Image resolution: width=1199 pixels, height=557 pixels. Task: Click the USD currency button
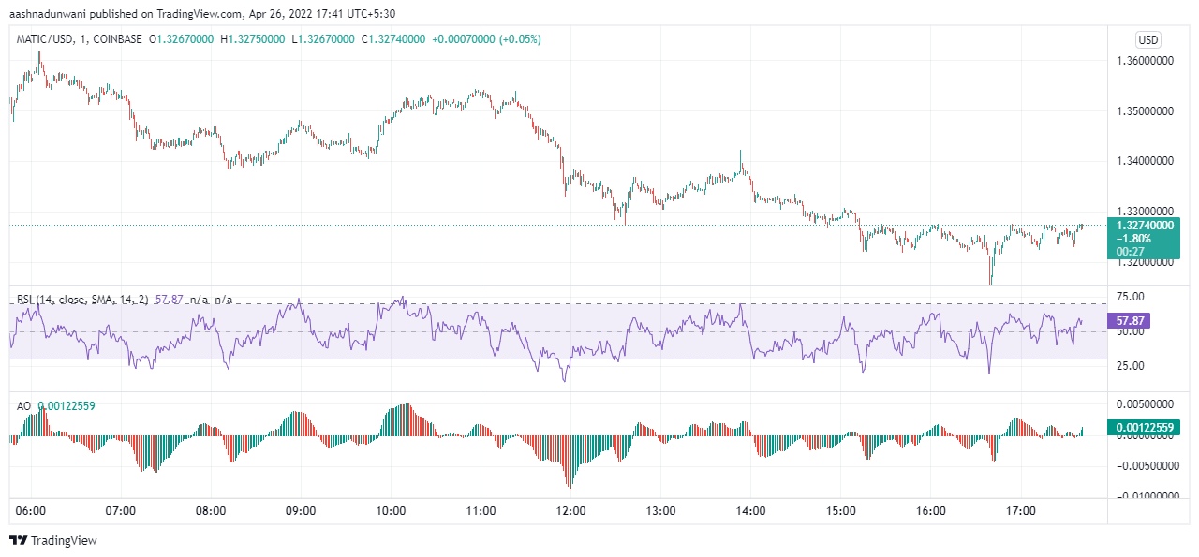click(x=1147, y=39)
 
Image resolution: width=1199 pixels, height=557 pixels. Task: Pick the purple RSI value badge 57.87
click(x=1128, y=320)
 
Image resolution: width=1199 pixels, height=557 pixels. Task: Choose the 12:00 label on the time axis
click(x=570, y=511)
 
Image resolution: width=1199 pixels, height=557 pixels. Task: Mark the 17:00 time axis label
click(x=1020, y=511)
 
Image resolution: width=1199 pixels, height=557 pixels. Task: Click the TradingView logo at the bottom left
click(x=53, y=540)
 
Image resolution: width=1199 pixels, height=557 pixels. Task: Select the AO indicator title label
click(x=24, y=405)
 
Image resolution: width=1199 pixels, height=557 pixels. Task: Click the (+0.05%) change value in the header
click(x=521, y=39)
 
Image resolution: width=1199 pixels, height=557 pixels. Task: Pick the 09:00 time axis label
click(x=301, y=511)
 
